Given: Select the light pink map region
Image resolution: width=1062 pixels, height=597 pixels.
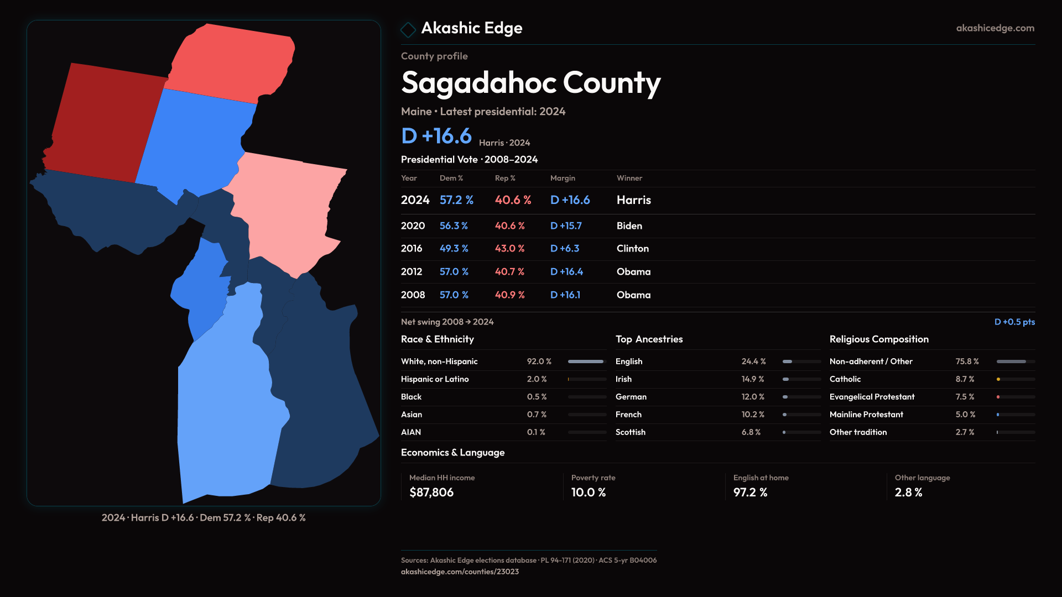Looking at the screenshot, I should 288,210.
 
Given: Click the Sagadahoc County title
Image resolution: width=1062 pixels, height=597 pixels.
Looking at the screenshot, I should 530,83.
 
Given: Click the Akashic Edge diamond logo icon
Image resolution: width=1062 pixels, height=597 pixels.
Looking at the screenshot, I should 408,29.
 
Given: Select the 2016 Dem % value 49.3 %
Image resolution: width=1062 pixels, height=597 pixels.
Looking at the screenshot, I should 454,249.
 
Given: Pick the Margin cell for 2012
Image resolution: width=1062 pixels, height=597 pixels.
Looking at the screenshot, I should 566,272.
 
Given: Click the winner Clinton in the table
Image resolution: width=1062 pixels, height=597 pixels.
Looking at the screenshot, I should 632,249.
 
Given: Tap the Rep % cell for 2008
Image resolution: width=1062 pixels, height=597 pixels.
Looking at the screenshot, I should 509,295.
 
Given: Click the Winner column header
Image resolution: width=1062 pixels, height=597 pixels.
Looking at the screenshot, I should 629,178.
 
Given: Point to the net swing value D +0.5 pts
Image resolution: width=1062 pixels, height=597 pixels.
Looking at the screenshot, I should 1014,322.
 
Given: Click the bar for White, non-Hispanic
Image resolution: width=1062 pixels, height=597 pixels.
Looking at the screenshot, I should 586,362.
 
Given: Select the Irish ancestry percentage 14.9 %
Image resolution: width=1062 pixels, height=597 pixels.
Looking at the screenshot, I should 752,379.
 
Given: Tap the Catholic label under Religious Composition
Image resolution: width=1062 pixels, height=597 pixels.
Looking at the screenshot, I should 845,379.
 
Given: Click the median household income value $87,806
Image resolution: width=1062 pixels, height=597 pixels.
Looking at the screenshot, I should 431,493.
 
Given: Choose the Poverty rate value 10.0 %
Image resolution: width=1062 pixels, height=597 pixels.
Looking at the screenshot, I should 588,493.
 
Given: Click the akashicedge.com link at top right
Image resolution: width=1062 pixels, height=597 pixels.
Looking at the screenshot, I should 995,28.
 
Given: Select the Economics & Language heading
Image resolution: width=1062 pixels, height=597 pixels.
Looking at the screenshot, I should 452,453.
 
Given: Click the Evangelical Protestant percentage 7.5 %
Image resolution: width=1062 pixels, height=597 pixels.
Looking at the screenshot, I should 965,397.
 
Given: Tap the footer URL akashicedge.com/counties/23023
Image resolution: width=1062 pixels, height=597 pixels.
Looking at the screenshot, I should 460,572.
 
